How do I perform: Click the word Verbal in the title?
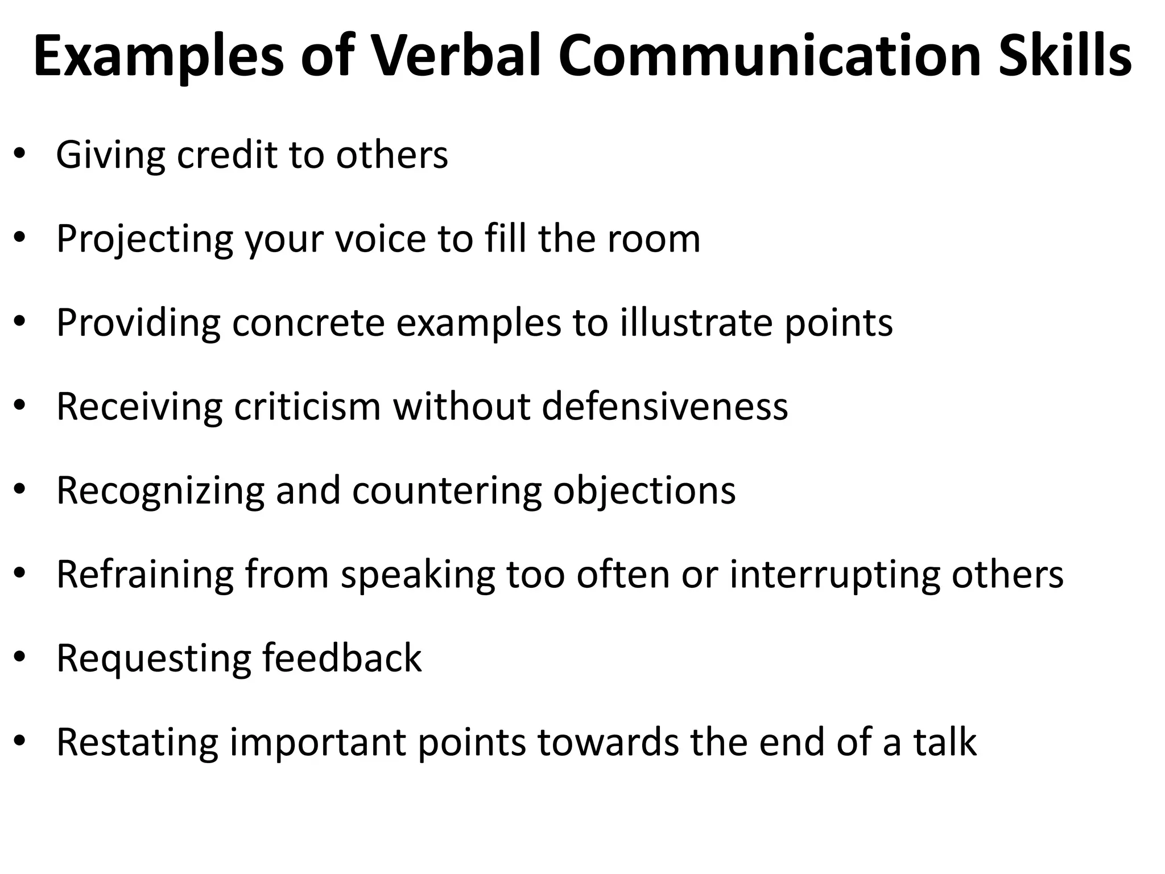point(456,56)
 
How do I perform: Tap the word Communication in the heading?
point(770,56)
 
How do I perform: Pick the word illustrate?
point(696,322)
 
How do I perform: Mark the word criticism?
point(307,406)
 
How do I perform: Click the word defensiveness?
point(664,406)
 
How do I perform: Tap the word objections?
point(645,490)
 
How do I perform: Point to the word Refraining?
point(144,574)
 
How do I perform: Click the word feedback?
point(341,658)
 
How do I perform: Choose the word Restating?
point(137,742)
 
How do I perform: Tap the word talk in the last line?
point(945,742)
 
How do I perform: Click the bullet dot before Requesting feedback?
point(20,658)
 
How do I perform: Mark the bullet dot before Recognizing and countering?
point(20,490)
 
